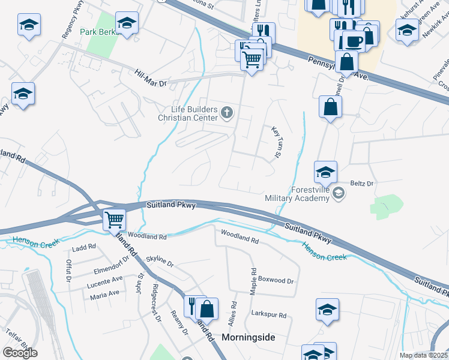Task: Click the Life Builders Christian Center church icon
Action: click(228, 112)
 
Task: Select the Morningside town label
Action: click(249, 337)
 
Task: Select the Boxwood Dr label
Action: click(276, 280)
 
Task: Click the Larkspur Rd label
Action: click(270, 314)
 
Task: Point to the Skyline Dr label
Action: click(160, 263)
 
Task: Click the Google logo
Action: click(20, 353)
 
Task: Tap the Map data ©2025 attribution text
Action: click(423, 355)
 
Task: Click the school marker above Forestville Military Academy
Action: click(325, 172)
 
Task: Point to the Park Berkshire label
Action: click(100, 31)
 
